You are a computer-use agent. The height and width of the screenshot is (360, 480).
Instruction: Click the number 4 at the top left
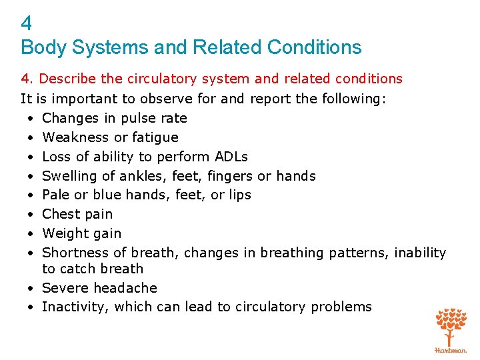[x=27, y=24]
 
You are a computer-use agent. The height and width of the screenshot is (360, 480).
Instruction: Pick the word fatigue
[x=155, y=138]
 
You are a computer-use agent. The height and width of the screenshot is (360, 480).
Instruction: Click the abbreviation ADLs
[x=231, y=157]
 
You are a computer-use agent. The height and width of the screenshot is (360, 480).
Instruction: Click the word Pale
[x=55, y=195]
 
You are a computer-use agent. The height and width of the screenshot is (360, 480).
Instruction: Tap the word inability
[x=420, y=253]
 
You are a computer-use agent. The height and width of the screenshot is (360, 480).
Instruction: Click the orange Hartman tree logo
[x=451, y=329]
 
